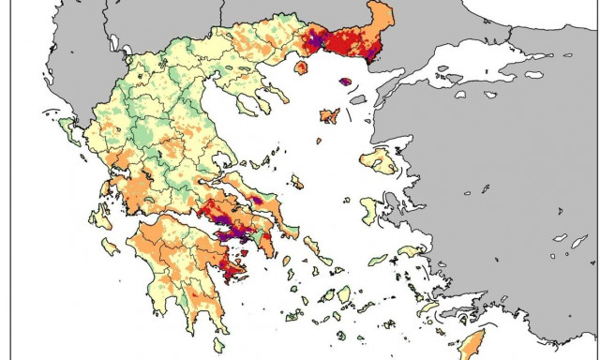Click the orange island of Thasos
tap(303, 67)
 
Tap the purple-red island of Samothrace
tap(345, 82)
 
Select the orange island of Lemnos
tap(329, 115)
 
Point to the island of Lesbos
tap(380, 160)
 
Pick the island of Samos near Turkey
tap(411, 251)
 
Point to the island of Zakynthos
tap(110, 246)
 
